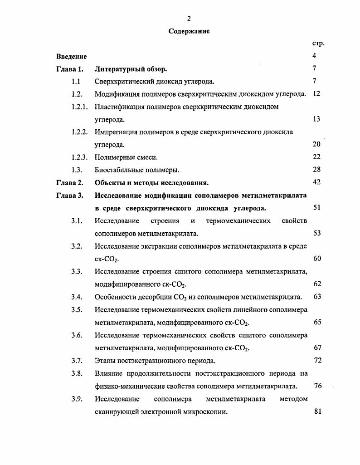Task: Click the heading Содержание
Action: (x=189, y=31)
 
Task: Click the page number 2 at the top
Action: (x=189, y=18)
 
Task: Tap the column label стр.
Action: (x=318, y=44)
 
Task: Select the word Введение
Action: (x=72, y=56)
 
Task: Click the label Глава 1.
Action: (x=70, y=69)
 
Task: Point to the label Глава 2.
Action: (x=70, y=183)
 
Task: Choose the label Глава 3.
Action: (x=70, y=196)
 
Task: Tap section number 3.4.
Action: (x=76, y=297)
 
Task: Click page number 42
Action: (x=317, y=182)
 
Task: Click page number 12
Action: (x=317, y=94)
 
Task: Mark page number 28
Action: (x=317, y=170)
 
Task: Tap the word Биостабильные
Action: (x=118, y=170)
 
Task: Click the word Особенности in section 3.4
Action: (x=116, y=297)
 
